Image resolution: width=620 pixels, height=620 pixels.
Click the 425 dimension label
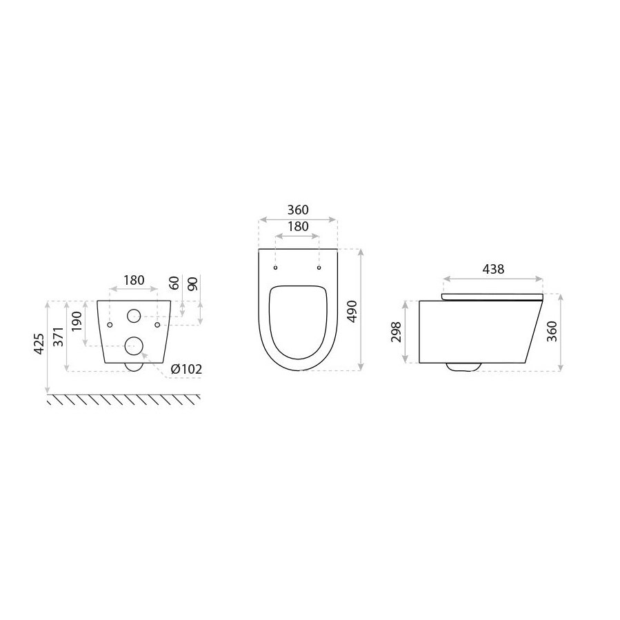pyautogui.click(x=39, y=344)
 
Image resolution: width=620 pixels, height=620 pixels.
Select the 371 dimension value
pyautogui.click(x=58, y=337)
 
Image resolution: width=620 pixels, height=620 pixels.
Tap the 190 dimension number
pyautogui.click(x=77, y=321)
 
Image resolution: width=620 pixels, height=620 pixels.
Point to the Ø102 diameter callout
pyautogui.click(x=186, y=370)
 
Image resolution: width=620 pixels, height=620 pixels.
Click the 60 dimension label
pyautogui.click(x=174, y=283)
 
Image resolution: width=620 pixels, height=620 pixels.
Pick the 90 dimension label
pyautogui.click(x=192, y=283)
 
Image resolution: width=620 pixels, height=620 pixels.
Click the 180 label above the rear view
pyautogui.click(x=134, y=280)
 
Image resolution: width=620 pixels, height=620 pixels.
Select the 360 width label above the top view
pyautogui.click(x=298, y=210)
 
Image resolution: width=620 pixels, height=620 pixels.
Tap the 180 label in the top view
pyautogui.click(x=298, y=227)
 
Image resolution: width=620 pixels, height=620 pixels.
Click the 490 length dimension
pyautogui.click(x=352, y=311)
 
